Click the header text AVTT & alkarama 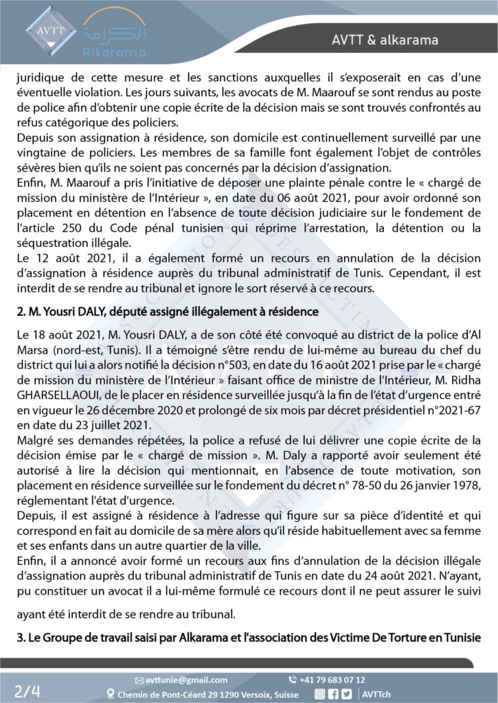click(x=389, y=40)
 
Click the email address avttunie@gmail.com click(x=185, y=680)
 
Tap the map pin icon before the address click(x=111, y=693)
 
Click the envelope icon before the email click(x=139, y=680)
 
